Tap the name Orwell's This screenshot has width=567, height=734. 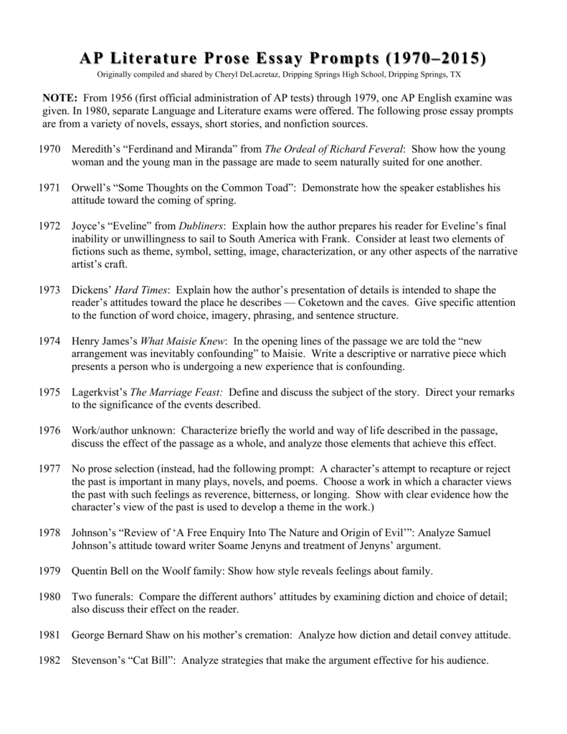point(94,186)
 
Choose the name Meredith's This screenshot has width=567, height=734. point(99,148)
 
